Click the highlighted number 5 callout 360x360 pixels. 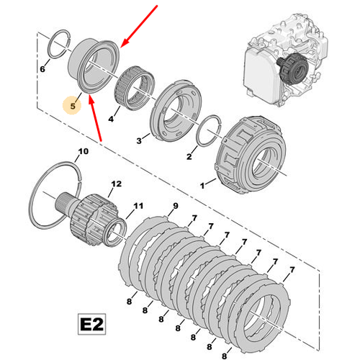(72, 106)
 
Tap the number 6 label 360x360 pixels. (42, 69)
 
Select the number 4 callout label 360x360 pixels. (111, 119)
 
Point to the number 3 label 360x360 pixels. (139, 140)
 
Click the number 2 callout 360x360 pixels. (189, 156)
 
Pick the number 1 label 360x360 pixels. (202, 186)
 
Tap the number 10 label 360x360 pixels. (84, 151)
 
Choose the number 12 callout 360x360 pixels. (117, 184)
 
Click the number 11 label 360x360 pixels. (138, 206)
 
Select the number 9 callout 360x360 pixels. (176, 206)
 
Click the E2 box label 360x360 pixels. (92, 324)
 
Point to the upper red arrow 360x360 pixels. (139, 26)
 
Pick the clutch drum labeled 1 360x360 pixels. (251, 155)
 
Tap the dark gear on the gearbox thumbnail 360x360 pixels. (293, 68)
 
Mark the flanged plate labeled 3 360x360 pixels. (176, 111)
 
